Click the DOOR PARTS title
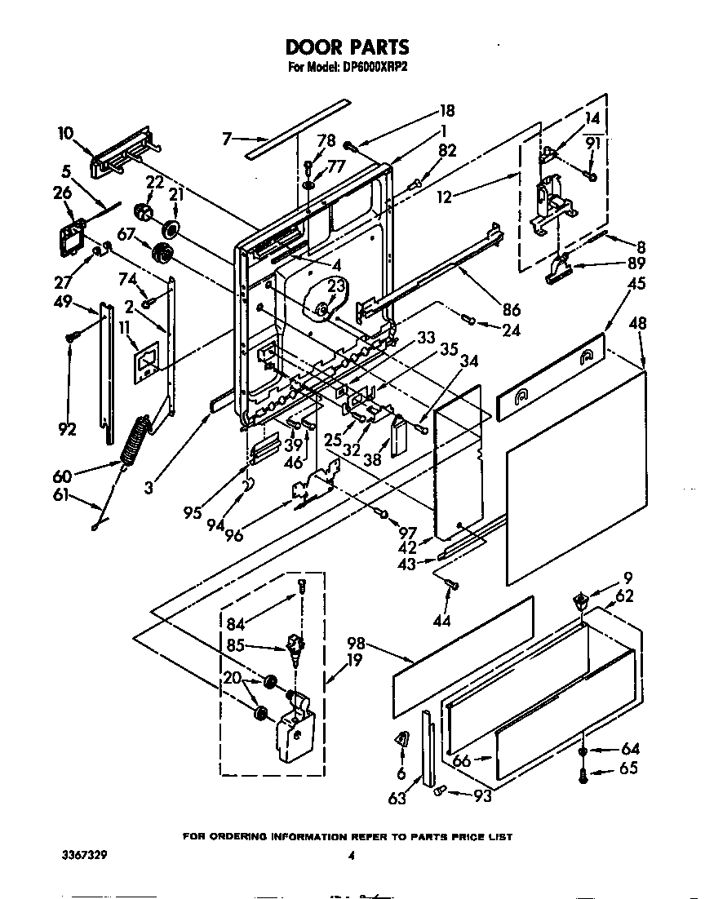348,47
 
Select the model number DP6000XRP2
372,69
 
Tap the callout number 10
66,133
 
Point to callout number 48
637,324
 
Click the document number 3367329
84,857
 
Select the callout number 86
511,309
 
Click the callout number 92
67,429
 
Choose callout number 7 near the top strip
229,139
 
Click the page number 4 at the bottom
351,857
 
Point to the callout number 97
407,533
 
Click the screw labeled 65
583,778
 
